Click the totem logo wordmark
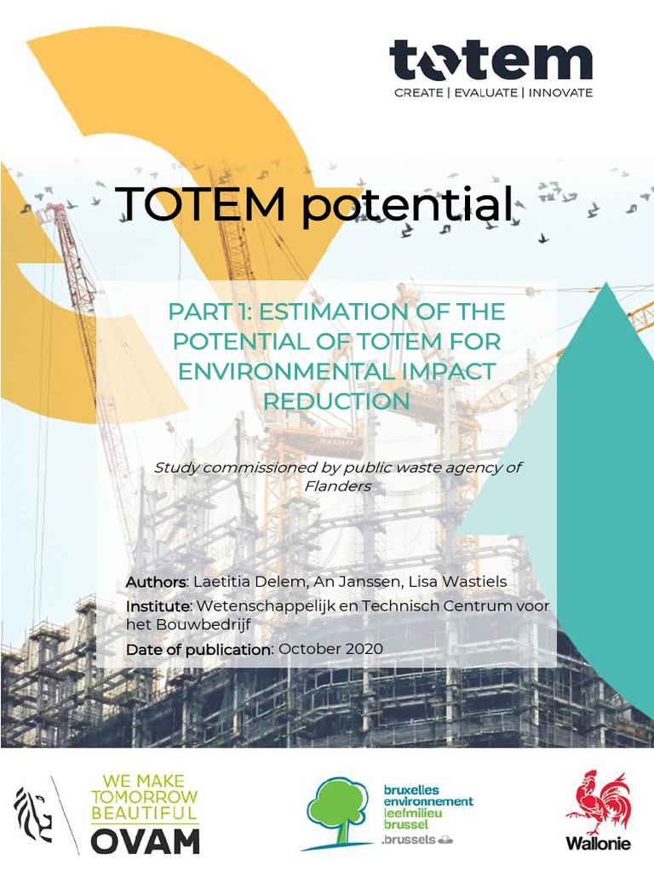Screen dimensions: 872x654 (490, 60)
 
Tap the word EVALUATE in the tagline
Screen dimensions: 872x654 (486, 92)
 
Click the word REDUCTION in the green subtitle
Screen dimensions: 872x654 (336, 401)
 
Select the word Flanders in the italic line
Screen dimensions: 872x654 (337, 485)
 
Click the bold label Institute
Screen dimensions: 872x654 (158, 605)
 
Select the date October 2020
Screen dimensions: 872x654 (330, 649)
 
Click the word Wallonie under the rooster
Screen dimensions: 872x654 (598, 843)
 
